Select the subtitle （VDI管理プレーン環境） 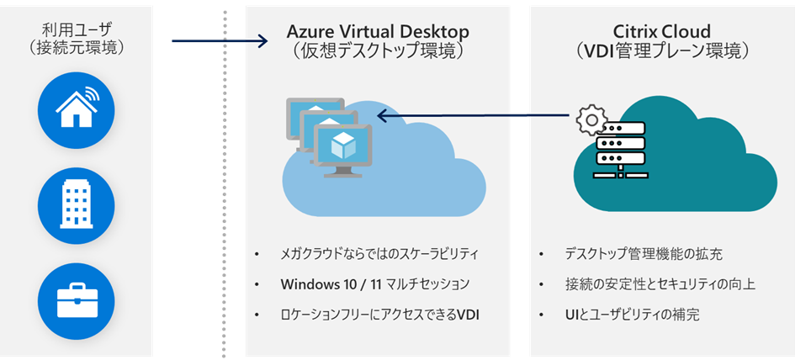pos(661,50)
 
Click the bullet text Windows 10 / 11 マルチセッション pos(375,284)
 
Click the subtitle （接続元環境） pos(77,49)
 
